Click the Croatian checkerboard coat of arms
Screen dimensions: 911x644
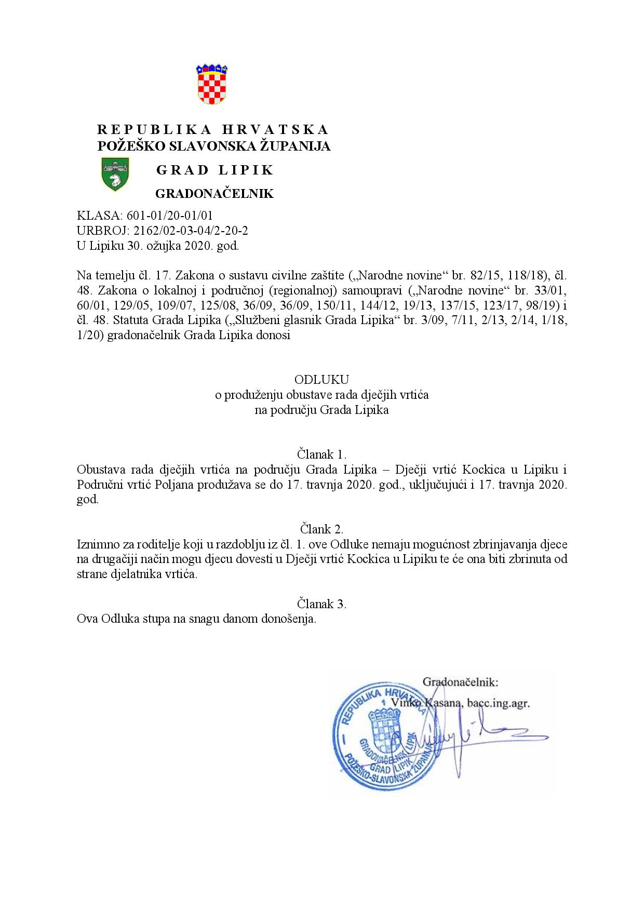point(212,84)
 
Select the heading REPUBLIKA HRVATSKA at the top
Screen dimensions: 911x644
point(213,129)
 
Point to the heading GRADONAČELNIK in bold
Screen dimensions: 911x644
point(214,194)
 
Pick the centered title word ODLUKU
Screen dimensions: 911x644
point(322,379)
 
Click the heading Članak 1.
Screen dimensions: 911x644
point(322,454)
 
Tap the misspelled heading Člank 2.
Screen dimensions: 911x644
point(322,529)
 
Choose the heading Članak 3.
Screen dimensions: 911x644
point(322,604)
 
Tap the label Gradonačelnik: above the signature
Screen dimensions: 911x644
point(461,681)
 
